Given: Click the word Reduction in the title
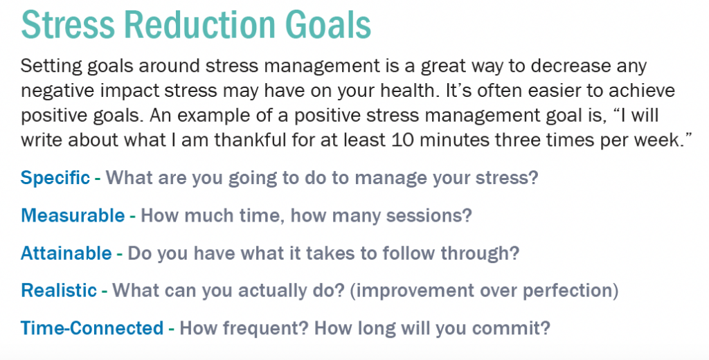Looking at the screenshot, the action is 200,24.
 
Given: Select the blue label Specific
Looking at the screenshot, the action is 55,178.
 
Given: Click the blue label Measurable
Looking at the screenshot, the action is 73,215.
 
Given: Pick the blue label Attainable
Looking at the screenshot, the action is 66,253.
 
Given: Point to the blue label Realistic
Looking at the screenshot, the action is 59,290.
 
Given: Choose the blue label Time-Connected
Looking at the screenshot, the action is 92,328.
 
